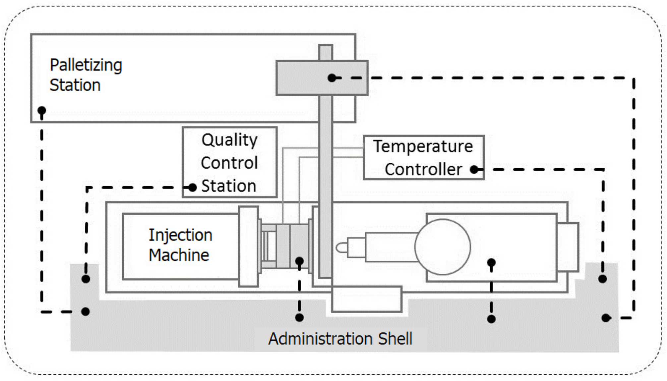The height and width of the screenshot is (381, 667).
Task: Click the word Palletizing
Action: (x=86, y=65)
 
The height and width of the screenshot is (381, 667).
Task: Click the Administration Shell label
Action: (x=340, y=339)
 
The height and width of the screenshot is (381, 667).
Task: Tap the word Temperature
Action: (x=423, y=146)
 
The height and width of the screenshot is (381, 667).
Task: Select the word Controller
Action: (x=423, y=170)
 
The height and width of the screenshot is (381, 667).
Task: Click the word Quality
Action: (x=229, y=140)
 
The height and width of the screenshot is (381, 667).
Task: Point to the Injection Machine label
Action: (x=180, y=245)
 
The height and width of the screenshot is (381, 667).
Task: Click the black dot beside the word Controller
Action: (x=474, y=170)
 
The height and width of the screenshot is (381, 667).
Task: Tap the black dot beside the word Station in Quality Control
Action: (x=193, y=188)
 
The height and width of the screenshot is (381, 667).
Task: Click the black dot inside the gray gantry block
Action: (x=332, y=78)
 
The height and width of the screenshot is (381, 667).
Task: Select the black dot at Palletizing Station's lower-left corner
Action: (x=41, y=110)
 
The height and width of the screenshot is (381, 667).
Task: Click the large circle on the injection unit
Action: (x=443, y=247)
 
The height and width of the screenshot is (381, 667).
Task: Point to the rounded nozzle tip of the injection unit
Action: (x=341, y=247)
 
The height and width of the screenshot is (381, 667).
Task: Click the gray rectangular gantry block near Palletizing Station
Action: (x=298, y=78)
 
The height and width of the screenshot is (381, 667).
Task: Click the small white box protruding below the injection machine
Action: (x=367, y=299)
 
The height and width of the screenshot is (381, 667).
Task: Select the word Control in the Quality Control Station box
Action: (x=229, y=163)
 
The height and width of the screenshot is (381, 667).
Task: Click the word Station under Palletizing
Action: (x=75, y=85)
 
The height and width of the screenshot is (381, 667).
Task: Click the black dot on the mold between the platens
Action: (x=299, y=261)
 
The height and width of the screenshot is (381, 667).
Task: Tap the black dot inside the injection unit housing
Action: (x=491, y=263)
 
